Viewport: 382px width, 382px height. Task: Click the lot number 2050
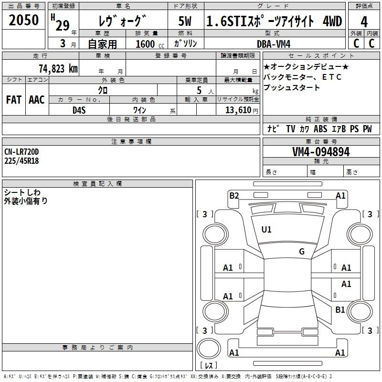[23, 20]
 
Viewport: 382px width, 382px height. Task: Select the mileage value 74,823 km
[58, 69]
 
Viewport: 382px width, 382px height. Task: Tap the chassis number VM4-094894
[321, 152]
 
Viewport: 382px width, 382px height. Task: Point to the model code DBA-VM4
[274, 44]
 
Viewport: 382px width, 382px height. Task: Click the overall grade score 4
[364, 22]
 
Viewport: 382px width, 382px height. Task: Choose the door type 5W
[185, 21]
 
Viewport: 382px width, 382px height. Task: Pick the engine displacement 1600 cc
[150, 44]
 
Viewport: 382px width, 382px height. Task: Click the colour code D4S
[79, 110]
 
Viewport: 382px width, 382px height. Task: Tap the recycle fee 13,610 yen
[242, 110]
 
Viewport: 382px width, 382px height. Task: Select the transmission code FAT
[14, 100]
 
